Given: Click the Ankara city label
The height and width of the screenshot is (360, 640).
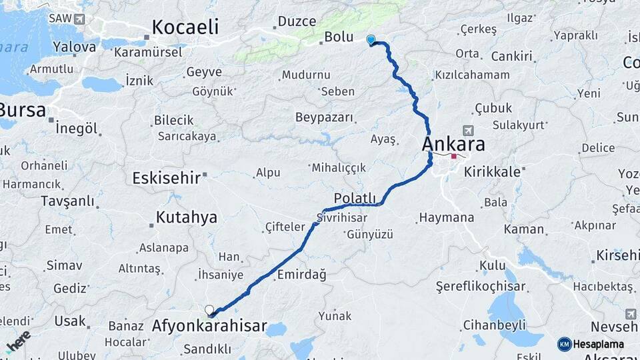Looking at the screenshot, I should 453,145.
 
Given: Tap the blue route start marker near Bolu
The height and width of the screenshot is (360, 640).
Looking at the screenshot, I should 371,40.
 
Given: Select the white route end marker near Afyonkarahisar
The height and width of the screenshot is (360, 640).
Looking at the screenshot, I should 209,310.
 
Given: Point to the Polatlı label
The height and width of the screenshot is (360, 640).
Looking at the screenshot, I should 355,198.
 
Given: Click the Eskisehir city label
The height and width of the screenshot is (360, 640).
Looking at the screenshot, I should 166,178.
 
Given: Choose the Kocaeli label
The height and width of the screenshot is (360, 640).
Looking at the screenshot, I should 185,27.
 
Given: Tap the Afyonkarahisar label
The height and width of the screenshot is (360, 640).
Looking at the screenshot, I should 209,327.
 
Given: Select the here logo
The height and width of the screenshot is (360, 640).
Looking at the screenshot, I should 18,341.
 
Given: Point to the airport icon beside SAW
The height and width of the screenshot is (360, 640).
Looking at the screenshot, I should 80,19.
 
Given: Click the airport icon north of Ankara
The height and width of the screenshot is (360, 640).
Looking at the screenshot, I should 467,129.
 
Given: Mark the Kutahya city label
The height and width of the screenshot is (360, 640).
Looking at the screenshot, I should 186,217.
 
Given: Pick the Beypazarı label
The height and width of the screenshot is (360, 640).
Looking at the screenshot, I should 324,117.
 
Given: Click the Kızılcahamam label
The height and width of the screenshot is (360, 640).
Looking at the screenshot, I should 472,75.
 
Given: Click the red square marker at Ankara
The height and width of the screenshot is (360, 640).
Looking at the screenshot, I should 453,157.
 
